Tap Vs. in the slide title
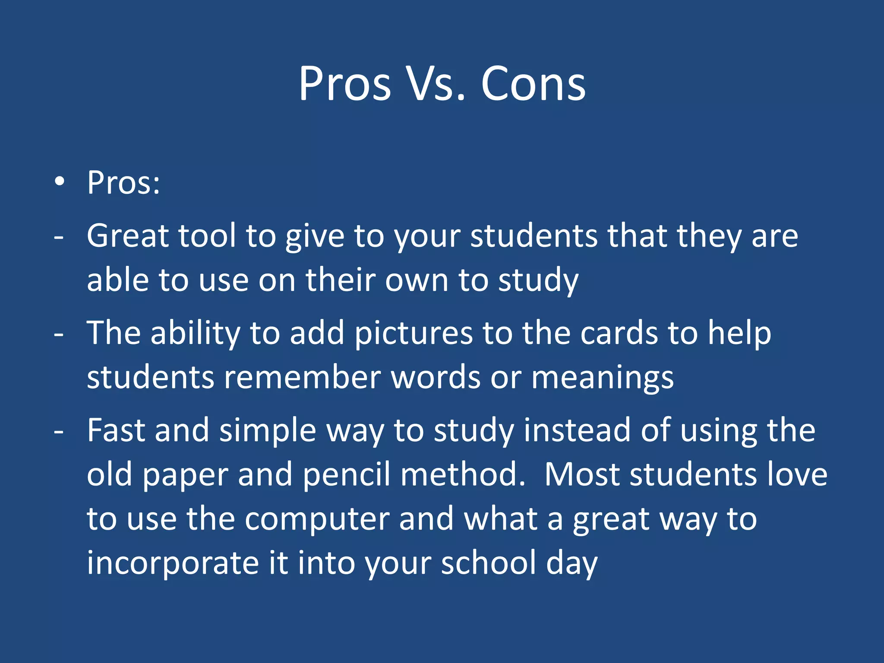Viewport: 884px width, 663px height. click(436, 84)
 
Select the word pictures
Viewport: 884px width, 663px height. click(414, 334)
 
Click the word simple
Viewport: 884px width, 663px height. click(268, 431)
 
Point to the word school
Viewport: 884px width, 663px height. click(488, 563)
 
